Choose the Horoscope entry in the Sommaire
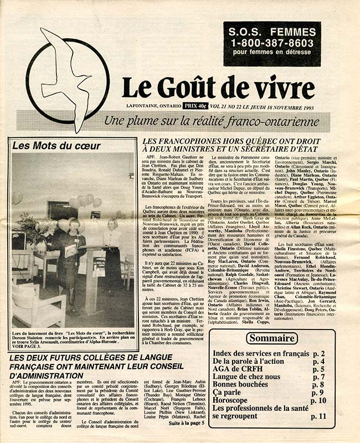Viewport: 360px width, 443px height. tap(234, 400)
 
